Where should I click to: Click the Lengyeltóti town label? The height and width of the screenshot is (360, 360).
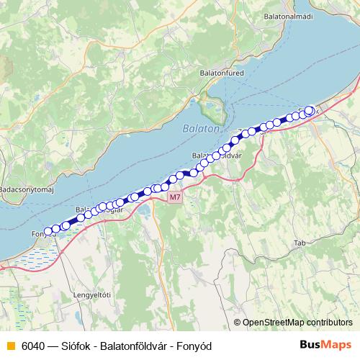92,294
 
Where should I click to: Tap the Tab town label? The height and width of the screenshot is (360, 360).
300,244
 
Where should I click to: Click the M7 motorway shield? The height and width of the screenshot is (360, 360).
175,197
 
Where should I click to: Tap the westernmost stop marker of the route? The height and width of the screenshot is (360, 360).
48,232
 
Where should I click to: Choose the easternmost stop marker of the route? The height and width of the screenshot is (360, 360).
310,110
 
